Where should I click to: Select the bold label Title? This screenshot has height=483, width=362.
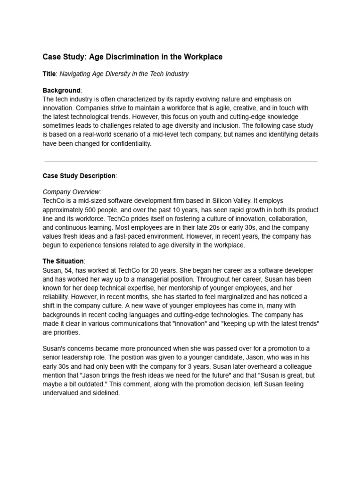49,74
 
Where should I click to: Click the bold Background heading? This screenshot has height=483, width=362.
61,90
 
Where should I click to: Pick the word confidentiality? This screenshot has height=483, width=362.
128,144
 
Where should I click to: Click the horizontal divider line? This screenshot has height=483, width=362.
181,161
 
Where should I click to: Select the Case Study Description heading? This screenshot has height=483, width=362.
79,176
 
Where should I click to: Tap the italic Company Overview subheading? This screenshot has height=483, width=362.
72,192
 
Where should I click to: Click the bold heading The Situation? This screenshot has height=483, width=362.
63,261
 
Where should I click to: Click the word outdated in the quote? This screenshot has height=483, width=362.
105,375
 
